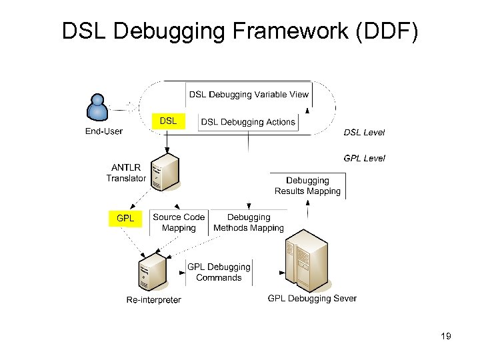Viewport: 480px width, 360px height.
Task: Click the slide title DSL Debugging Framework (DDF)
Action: (x=240, y=31)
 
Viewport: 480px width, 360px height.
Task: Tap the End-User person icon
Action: (x=98, y=109)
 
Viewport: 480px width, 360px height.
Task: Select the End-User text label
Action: (x=104, y=131)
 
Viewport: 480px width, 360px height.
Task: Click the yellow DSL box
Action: (x=169, y=121)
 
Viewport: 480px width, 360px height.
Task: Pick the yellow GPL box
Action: (x=125, y=218)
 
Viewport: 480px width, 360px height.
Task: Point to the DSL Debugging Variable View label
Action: (x=249, y=95)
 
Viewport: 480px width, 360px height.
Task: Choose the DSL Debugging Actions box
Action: (x=248, y=122)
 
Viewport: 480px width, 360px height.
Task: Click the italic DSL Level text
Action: (x=364, y=132)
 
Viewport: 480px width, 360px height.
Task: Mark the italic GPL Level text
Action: (x=364, y=158)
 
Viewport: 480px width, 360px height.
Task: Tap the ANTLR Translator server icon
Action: (x=165, y=173)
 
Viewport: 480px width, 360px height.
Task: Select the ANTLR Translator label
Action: (x=126, y=173)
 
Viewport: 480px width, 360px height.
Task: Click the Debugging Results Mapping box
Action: (x=307, y=186)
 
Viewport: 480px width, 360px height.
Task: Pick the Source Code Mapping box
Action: (x=179, y=223)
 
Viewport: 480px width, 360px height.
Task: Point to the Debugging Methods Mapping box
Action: (x=249, y=223)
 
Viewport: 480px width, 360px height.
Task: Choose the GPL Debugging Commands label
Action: (x=219, y=272)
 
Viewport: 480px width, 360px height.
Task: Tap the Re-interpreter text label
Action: (x=153, y=300)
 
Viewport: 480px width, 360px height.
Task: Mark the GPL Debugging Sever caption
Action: (x=312, y=299)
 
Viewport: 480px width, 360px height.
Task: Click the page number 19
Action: (x=446, y=336)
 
